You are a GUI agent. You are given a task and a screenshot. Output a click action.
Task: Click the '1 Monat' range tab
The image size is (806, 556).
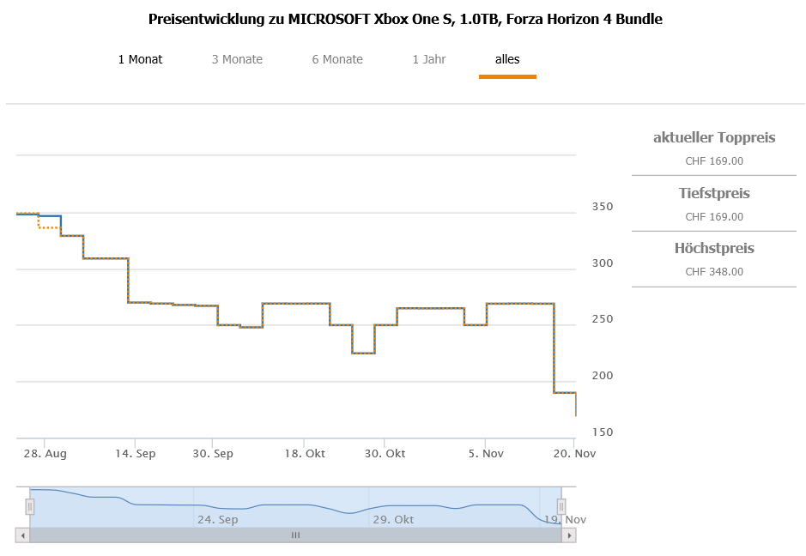140,59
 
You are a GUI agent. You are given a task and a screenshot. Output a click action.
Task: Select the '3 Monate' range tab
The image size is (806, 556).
237,59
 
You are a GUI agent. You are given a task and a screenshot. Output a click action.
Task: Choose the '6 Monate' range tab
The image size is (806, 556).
337,59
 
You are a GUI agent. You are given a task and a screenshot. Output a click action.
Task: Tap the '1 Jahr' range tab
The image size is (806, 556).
428,59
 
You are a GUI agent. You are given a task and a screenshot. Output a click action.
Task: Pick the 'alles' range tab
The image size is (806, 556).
507,59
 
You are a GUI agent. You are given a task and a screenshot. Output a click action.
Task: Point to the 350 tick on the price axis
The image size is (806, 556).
603,207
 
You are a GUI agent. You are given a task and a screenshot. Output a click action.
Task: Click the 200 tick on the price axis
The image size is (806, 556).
603,375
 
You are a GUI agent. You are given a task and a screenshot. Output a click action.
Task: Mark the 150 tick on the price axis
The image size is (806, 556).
603,432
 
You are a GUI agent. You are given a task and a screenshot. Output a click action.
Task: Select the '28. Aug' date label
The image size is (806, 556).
45,453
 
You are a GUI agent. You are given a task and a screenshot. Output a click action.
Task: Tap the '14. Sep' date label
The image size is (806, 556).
135,453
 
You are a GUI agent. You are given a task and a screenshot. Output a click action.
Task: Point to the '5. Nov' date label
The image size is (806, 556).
486,453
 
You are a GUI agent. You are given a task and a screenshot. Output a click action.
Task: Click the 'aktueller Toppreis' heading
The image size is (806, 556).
714,137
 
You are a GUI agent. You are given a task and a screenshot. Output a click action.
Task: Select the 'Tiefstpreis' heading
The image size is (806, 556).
714,193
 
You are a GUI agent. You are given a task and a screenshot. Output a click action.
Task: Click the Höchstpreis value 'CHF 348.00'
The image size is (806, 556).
714,272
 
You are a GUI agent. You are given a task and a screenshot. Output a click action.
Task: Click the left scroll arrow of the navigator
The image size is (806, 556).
22,535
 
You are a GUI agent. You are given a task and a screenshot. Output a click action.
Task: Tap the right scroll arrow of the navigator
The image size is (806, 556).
568,535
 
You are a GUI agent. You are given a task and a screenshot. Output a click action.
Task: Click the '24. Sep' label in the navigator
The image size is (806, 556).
217,519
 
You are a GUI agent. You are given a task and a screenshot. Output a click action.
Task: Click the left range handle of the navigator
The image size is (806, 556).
29,507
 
